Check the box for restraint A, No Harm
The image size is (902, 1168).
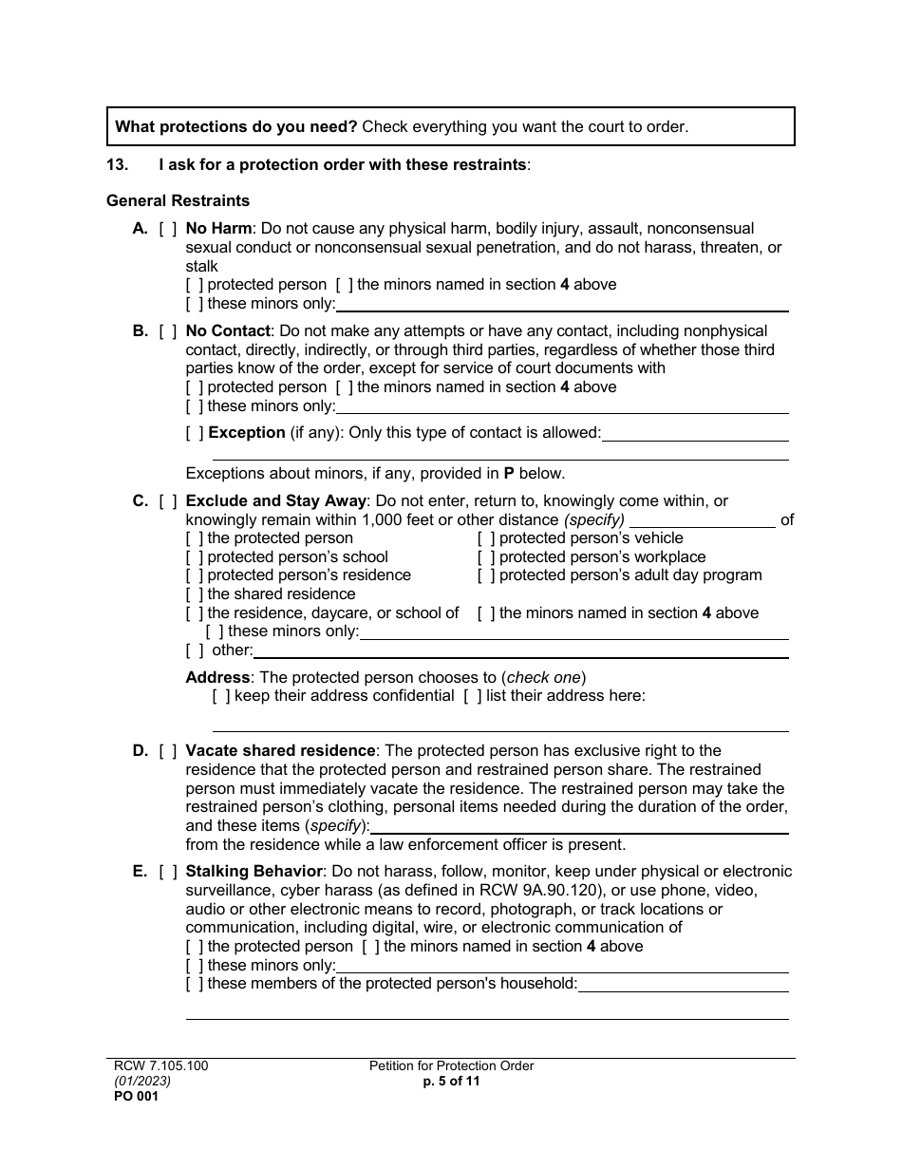point(168,229)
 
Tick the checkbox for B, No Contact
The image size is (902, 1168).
point(168,331)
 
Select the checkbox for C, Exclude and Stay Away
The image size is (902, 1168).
point(168,501)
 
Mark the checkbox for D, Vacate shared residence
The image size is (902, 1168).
point(168,751)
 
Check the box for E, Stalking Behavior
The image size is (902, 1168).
point(168,872)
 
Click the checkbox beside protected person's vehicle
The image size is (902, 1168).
point(486,538)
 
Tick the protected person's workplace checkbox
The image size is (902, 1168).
point(486,557)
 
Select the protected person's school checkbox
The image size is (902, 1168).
point(195,557)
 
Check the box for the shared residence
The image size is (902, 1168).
point(195,594)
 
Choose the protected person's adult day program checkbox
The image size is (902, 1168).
point(486,575)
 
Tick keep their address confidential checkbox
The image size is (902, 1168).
point(221,696)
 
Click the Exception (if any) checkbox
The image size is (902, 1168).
point(195,433)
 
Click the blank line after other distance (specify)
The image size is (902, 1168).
point(702,520)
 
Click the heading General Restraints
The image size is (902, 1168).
point(178,201)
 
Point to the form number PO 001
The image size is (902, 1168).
point(132,1096)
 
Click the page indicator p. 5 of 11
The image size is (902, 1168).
point(451,1081)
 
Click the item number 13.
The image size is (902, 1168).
point(117,165)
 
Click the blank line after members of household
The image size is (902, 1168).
point(683,985)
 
